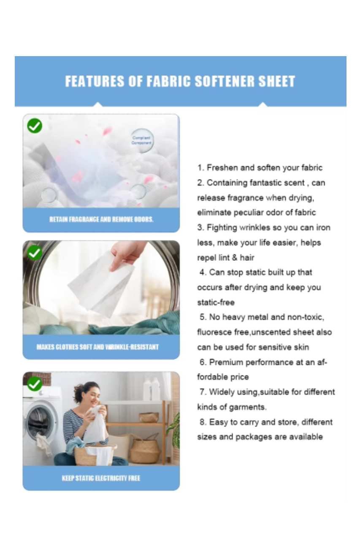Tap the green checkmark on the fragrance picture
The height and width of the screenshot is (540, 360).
pyautogui.click(x=35, y=125)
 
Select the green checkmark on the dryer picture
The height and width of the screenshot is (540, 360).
pyautogui.click(x=35, y=253)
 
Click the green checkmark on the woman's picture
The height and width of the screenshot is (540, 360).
pyautogui.click(x=35, y=384)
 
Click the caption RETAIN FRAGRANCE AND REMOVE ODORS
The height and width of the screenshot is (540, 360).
pyautogui.click(x=101, y=220)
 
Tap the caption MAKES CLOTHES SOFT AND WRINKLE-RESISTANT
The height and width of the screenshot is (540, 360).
pyautogui.click(x=97, y=347)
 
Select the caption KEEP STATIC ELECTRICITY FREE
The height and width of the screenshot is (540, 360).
pyautogui.click(x=101, y=478)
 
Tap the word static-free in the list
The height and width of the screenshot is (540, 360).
pyautogui.click(x=216, y=302)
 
